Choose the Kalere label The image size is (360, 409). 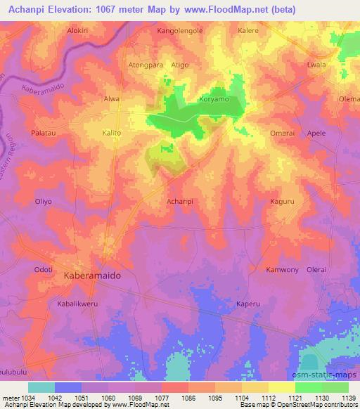point(248,32)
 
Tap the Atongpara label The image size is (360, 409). point(146,65)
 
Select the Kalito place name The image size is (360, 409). point(112,133)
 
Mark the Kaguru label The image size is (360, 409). point(283,202)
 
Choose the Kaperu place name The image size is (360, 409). point(248,304)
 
